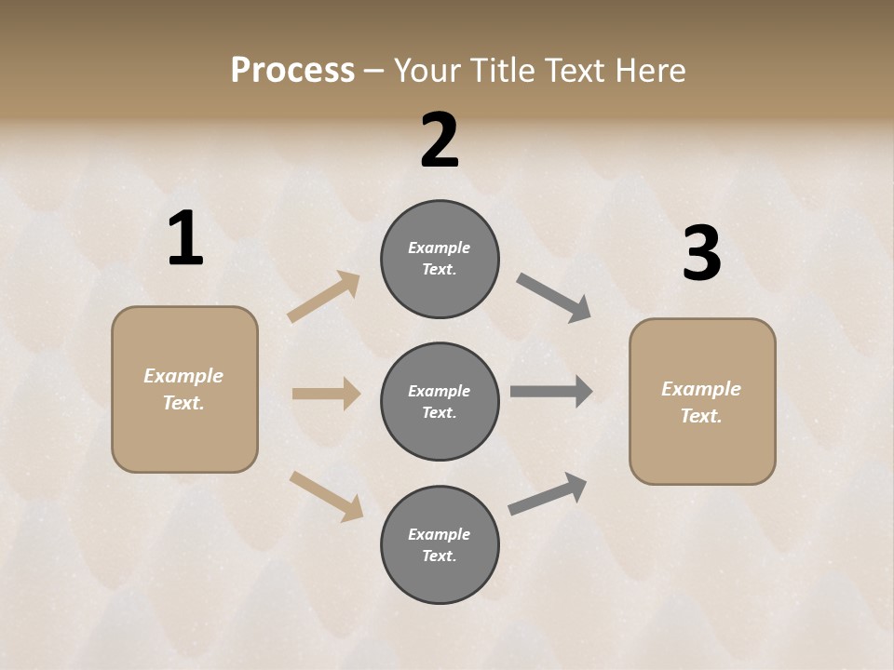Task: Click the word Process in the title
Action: (292, 71)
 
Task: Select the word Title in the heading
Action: (505, 71)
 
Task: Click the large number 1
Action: (185, 239)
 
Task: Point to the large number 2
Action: (440, 141)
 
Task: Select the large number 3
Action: (701, 254)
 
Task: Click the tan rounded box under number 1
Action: (184, 389)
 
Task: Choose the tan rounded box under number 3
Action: (702, 402)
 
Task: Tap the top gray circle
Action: (440, 259)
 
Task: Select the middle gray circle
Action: (440, 402)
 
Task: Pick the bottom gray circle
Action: (440, 545)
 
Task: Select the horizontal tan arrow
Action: (326, 394)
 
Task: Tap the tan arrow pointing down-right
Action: (326, 496)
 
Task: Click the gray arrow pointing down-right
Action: (553, 298)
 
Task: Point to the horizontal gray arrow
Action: (551, 392)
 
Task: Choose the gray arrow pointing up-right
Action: (548, 494)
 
